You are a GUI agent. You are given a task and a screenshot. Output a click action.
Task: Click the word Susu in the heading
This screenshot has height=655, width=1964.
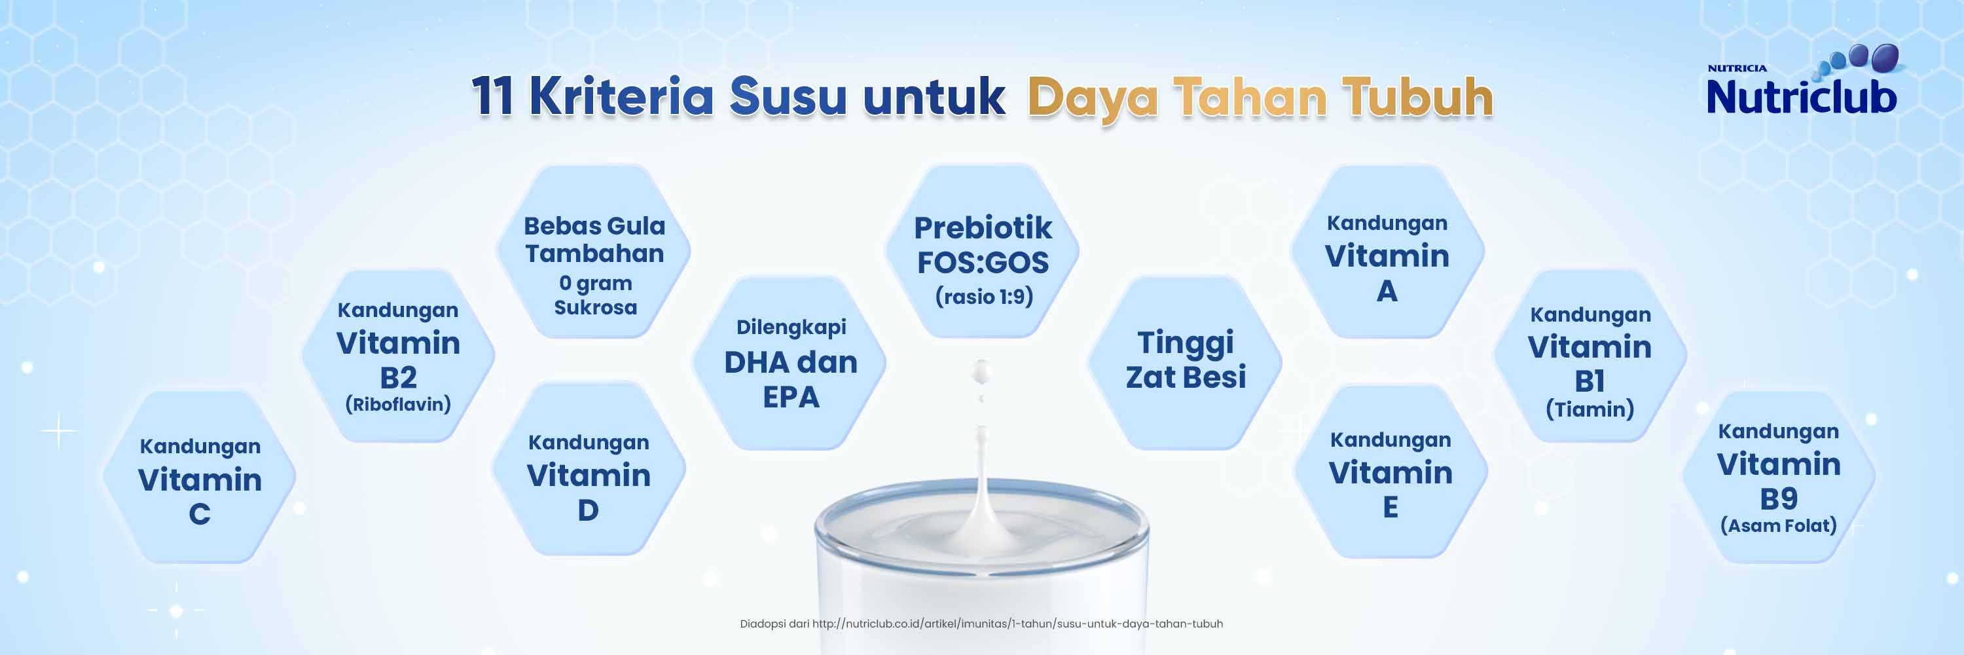click(x=788, y=97)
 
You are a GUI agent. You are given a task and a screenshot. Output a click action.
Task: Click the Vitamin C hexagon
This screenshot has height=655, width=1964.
click(x=199, y=477)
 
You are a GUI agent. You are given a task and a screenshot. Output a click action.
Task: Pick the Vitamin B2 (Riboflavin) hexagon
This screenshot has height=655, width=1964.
click(x=398, y=355)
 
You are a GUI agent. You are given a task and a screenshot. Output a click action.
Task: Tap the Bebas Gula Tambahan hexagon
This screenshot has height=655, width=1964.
click(x=594, y=251)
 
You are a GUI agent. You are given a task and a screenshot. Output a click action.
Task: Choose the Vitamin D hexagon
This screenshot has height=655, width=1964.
click(x=589, y=468)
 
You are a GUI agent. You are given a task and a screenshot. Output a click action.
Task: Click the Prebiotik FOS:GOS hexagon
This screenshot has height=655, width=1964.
click(x=982, y=251)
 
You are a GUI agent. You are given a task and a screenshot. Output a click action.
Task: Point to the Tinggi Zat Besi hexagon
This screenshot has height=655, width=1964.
click(x=1185, y=363)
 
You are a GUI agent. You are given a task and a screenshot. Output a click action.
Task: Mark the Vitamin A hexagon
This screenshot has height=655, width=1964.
click(x=1387, y=251)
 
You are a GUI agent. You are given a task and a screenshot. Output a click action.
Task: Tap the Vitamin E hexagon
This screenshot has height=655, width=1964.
click(x=1390, y=471)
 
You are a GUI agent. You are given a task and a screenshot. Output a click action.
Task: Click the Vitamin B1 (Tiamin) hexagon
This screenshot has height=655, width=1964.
click(x=1590, y=355)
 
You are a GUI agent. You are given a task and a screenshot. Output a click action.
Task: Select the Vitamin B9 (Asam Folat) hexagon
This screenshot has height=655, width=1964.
click(x=1779, y=477)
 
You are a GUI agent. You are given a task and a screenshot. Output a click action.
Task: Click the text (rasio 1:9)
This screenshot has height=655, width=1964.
click(x=984, y=297)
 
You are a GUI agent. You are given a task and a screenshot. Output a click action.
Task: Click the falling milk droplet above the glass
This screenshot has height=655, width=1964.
click(x=982, y=372)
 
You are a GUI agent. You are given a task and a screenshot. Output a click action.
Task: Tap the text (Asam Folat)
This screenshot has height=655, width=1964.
click(x=1779, y=525)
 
